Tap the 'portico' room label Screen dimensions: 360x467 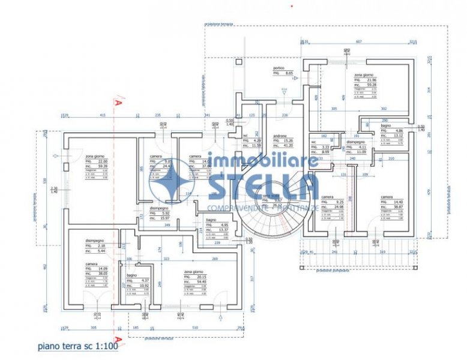[x=279, y=68]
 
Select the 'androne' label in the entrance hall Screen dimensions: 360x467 [x=279, y=136]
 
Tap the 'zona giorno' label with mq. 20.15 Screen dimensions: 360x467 [x=193, y=272]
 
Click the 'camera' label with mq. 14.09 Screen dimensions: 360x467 [x=91, y=265]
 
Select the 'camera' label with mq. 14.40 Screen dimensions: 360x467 [x=387, y=196]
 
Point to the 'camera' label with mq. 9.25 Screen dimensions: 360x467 [x=327, y=197]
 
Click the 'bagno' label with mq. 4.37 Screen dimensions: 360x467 [x=131, y=275]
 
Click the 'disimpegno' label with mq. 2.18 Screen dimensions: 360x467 [x=94, y=241]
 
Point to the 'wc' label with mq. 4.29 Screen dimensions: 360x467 [x=246, y=136]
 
